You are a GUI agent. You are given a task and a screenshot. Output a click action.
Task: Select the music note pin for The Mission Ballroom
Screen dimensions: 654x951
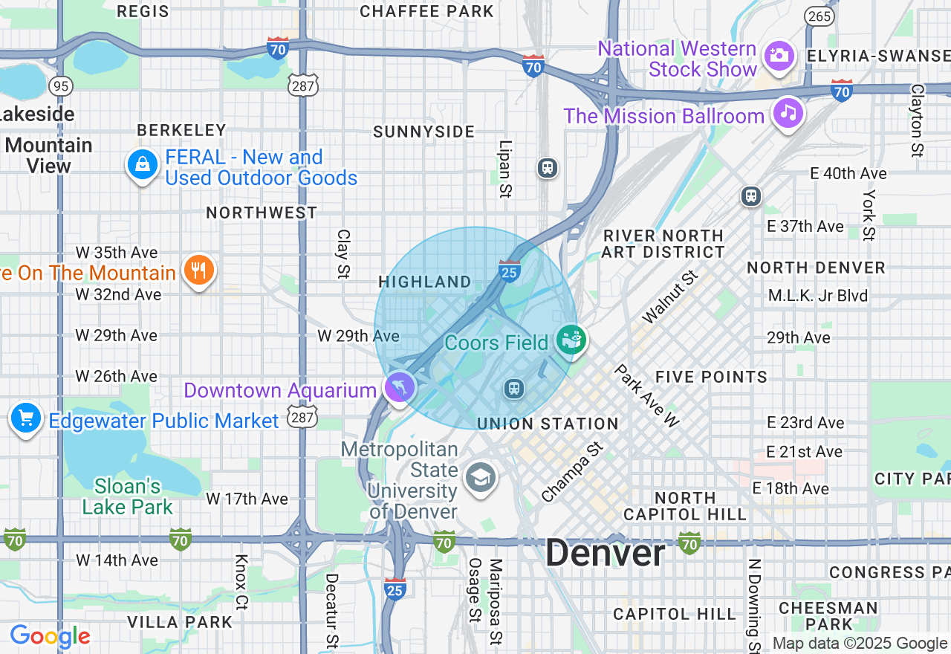pos(788,114)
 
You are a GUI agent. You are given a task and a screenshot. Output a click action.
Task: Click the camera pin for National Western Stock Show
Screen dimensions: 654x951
pos(779,56)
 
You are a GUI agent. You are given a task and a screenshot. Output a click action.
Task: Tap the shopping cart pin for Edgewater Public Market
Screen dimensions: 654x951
pos(26,418)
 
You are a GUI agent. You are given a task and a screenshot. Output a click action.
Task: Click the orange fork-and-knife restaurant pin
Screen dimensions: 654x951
pos(198,271)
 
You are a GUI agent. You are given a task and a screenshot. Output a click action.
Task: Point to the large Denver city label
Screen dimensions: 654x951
pos(605,554)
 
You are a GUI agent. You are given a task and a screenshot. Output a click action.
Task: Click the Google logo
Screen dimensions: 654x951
pos(50,636)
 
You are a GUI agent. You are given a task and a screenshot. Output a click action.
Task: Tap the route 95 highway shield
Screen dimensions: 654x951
pos(61,86)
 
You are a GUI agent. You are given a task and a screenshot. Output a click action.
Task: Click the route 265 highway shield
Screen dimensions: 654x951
pos(818,16)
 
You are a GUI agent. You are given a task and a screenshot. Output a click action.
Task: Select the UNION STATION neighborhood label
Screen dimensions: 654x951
pos(548,424)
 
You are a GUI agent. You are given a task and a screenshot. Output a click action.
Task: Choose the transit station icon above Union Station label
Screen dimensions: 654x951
pos(513,388)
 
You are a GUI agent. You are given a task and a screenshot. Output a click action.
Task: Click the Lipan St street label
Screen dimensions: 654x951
pos(505,169)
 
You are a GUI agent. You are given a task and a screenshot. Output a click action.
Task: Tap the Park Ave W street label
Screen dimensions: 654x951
pos(646,395)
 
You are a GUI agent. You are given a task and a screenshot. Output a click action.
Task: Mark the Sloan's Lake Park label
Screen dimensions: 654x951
pos(128,497)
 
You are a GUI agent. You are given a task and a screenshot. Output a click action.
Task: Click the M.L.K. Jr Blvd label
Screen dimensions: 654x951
pos(818,296)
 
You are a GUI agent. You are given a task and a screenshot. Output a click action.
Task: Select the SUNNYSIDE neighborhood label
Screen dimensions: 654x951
pos(423,132)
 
